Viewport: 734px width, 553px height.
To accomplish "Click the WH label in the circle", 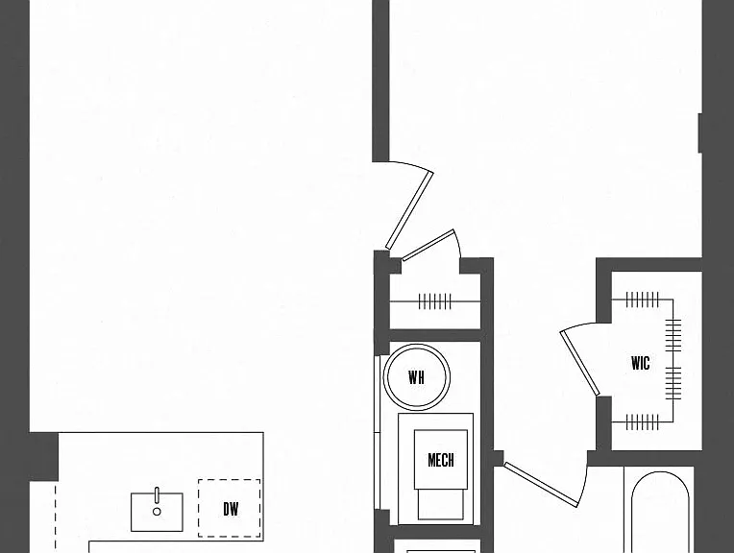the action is tap(416, 377).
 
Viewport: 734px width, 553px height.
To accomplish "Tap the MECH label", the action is tap(440, 460).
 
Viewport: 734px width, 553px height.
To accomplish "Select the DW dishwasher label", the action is tap(231, 509).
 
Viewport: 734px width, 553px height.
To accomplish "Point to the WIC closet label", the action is tap(641, 363).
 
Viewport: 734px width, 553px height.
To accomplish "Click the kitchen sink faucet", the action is tap(157, 495).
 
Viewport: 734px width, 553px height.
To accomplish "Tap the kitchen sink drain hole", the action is tap(157, 512).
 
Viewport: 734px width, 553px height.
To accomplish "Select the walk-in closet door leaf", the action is tap(579, 364).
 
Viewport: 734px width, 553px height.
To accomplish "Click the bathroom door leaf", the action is tap(541, 484).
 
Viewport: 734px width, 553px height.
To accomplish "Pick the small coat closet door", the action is tap(428, 245).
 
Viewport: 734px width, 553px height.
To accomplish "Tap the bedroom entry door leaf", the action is tap(408, 210).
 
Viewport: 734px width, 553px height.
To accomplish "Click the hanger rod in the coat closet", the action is tap(435, 301).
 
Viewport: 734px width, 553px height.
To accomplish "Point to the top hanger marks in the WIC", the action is tap(642, 300).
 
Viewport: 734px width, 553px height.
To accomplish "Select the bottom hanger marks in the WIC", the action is tap(642, 422).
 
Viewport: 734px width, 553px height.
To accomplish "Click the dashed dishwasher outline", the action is tap(198, 509).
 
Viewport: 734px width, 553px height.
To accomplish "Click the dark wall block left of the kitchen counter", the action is tap(43, 457).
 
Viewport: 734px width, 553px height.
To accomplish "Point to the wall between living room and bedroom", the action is tap(380, 81).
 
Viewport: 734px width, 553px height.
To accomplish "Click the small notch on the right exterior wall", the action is tap(700, 132).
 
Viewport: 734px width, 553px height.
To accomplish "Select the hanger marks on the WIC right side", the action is tap(673, 359).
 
